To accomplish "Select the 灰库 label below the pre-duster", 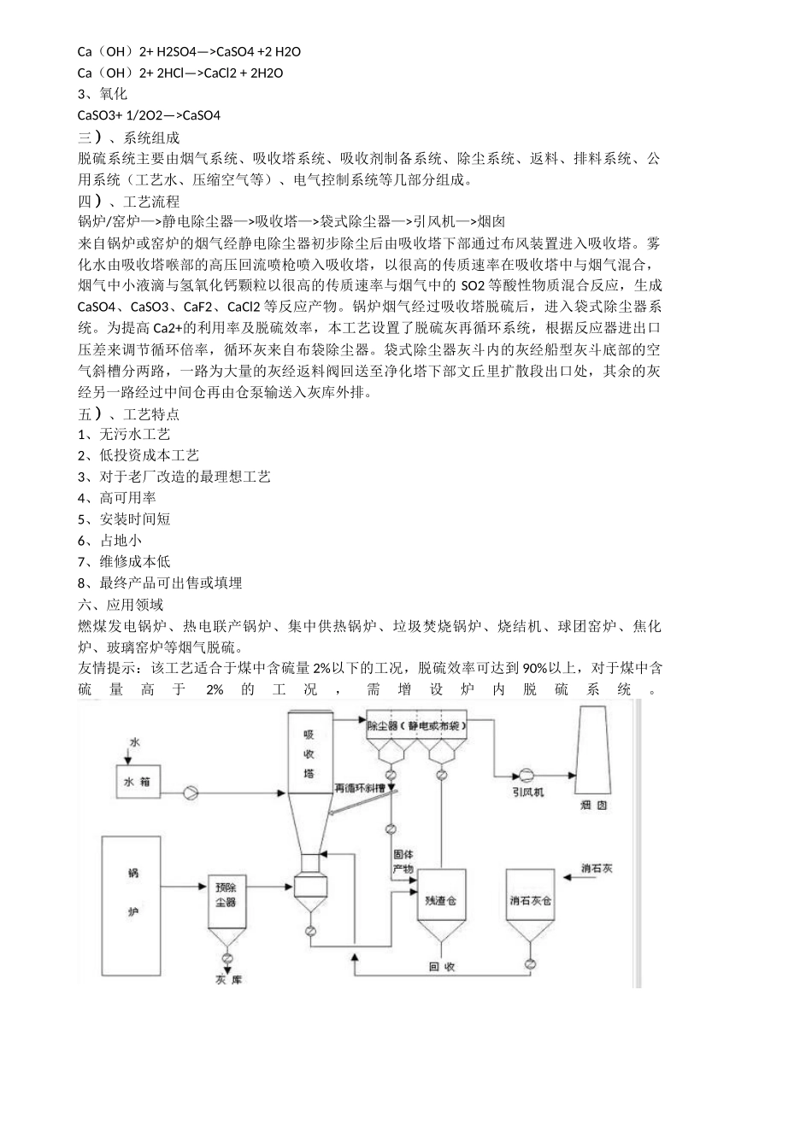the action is (229, 980).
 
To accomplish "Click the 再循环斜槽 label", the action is (359, 788).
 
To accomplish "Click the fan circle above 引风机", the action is (525, 775).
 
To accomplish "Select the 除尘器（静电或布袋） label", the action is (416, 725).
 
